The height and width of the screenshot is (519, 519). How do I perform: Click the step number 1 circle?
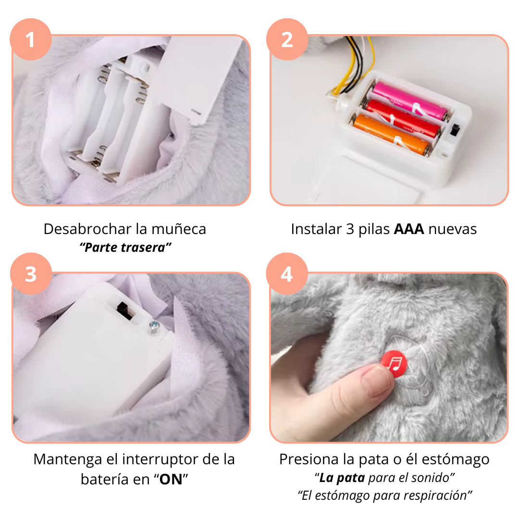(x=31, y=39)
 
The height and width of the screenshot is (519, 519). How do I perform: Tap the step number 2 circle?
(x=287, y=39)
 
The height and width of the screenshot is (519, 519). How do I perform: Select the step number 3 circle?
(x=31, y=273)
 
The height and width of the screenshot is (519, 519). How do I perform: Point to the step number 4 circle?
(x=286, y=273)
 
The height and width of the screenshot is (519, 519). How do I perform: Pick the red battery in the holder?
(x=403, y=118)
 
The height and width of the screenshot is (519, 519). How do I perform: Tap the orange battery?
(x=392, y=135)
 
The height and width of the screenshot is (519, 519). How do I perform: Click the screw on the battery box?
(x=154, y=327)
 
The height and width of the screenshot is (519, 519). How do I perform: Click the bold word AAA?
(x=409, y=229)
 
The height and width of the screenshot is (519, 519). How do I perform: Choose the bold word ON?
(x=171, y=479)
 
